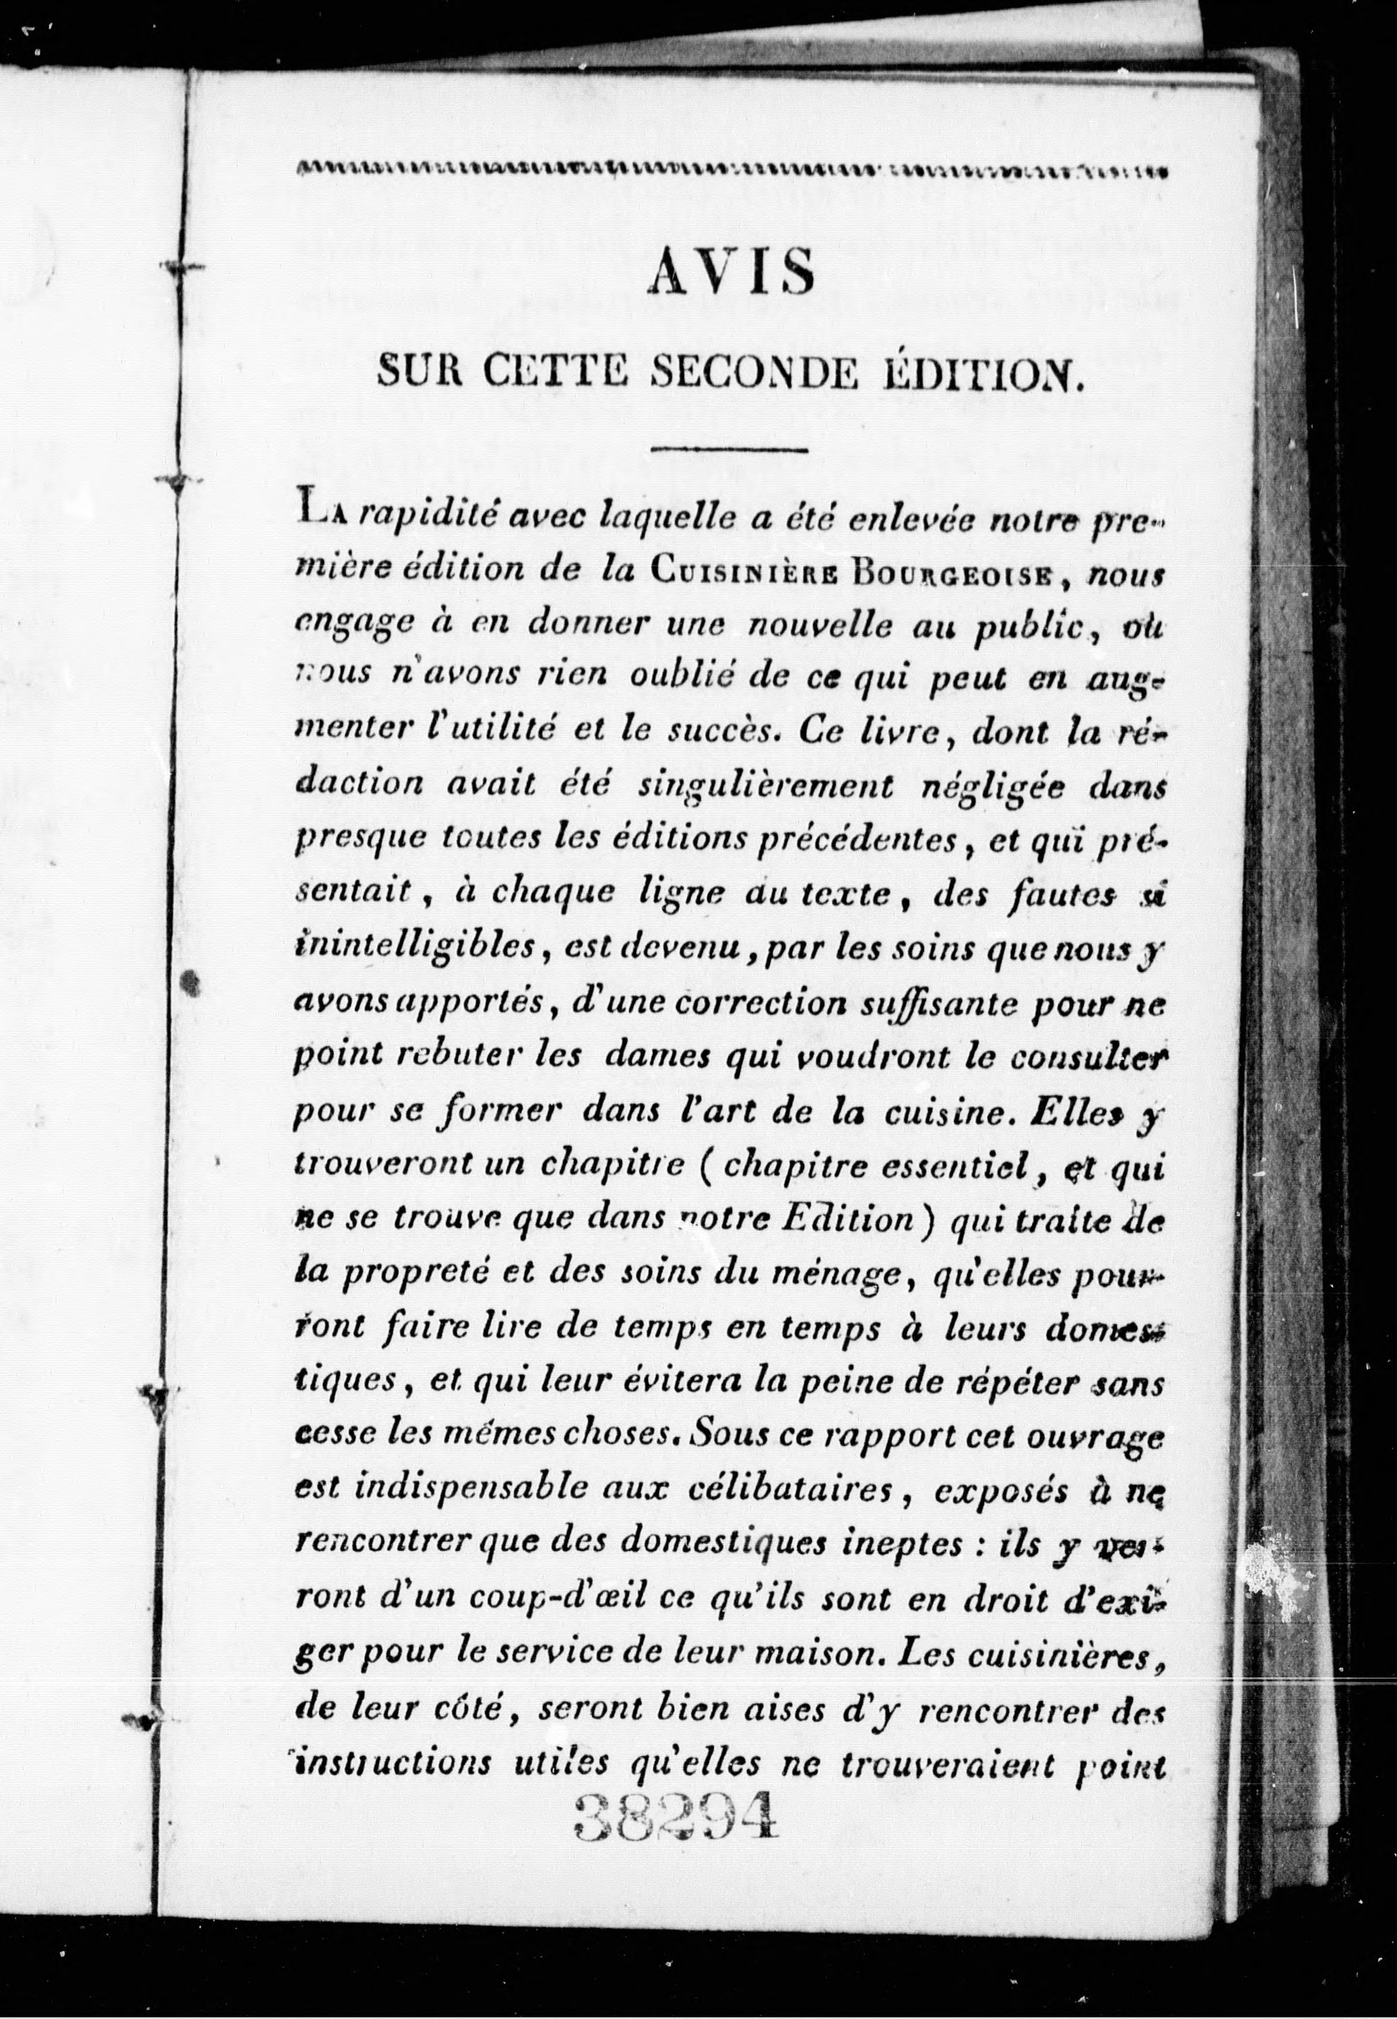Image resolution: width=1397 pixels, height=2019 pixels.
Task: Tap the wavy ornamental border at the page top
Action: (732, 169)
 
